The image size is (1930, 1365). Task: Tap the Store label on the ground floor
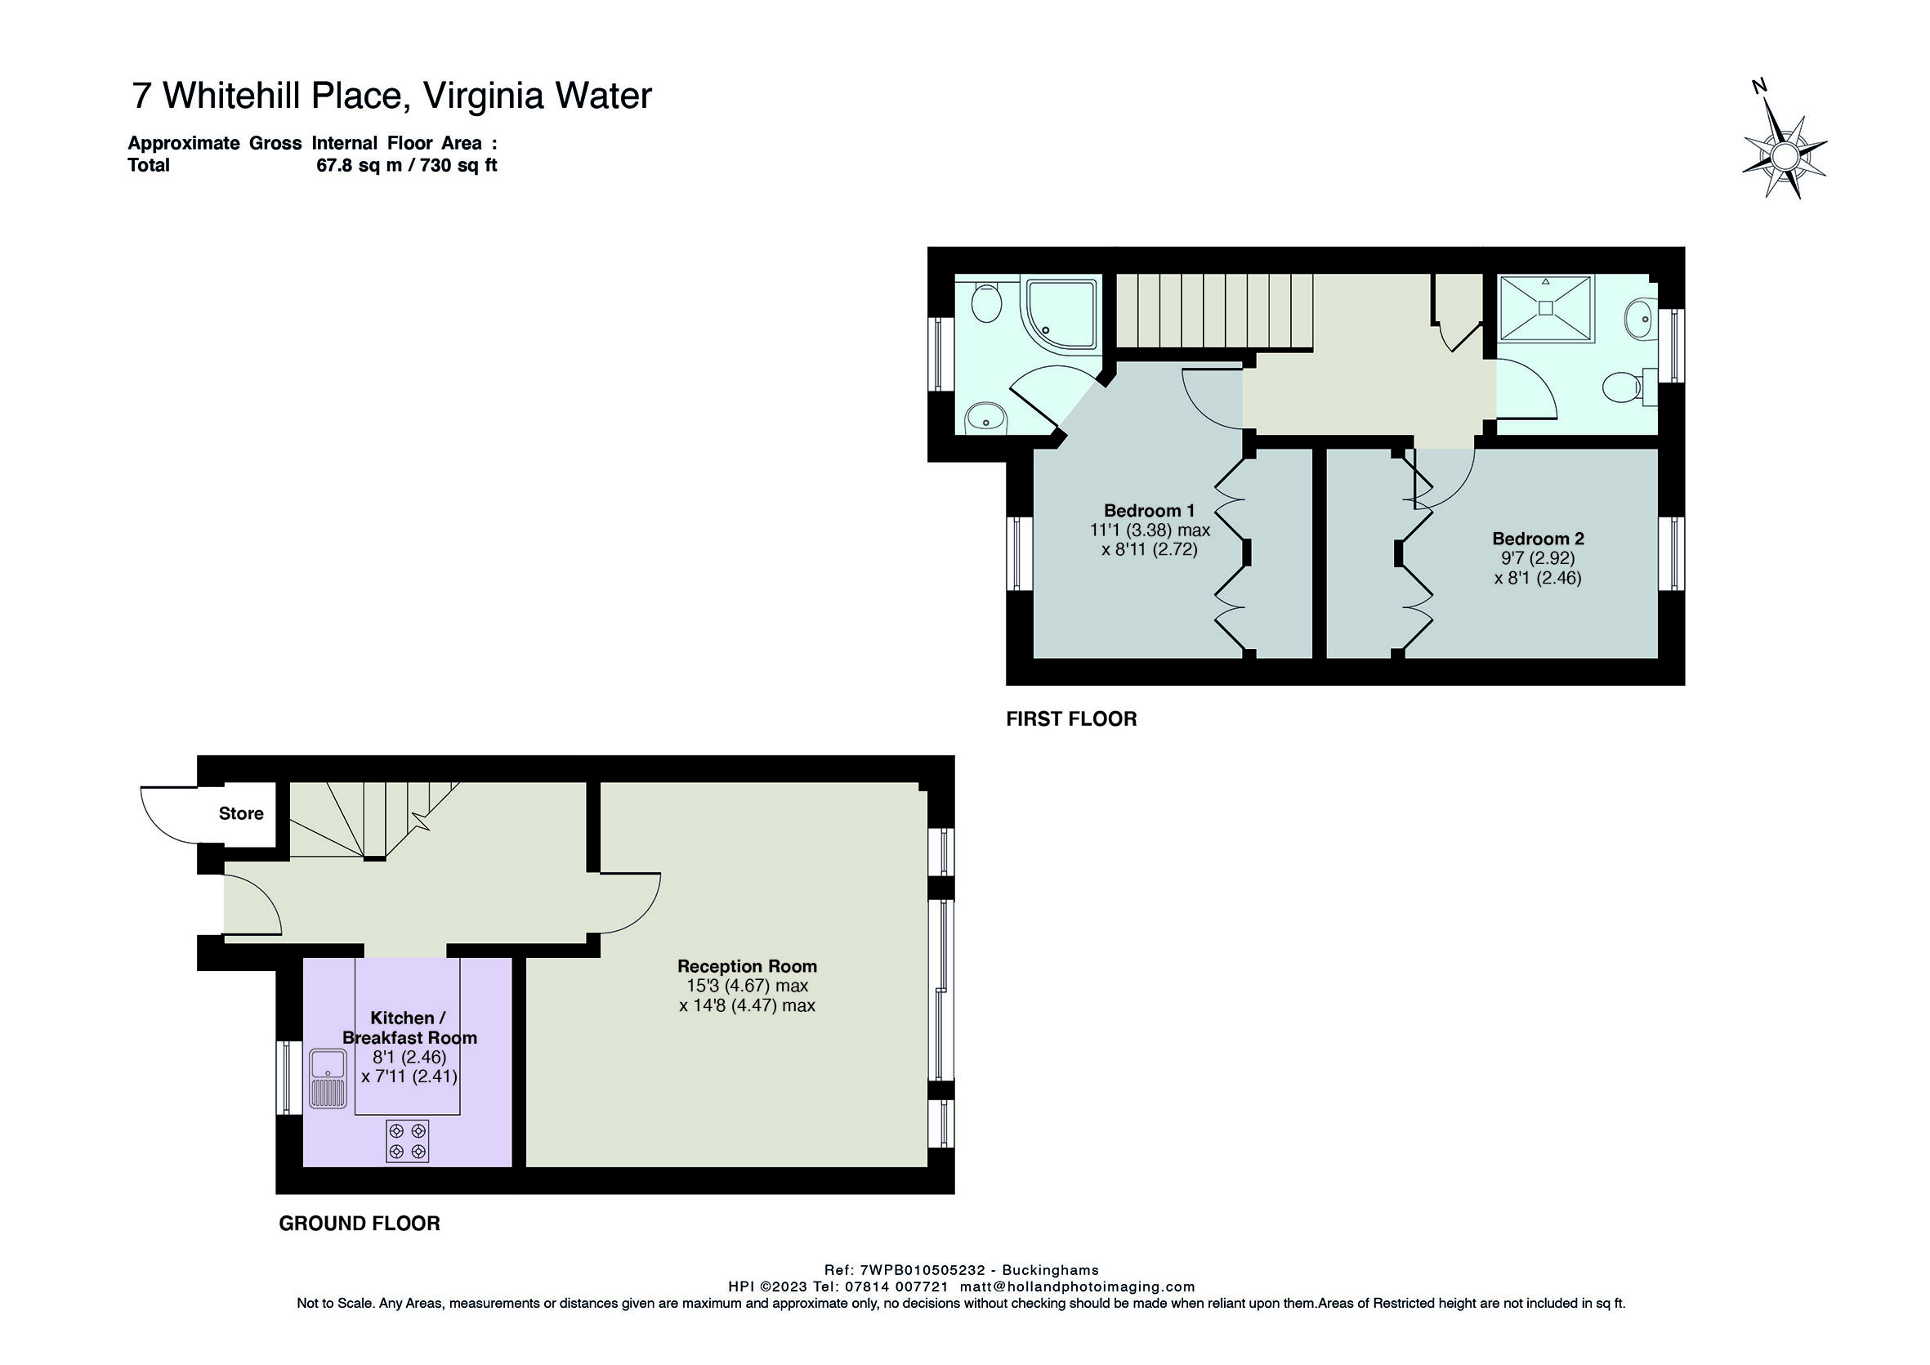pos(241,813)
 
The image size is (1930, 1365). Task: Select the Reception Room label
pos(748,966)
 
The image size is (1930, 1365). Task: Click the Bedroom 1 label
pos(1149,511)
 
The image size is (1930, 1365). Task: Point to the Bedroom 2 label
pos(1538,539)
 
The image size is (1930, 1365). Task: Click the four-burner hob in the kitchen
pos(408,1141)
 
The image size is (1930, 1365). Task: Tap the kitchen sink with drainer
pos(328,1079)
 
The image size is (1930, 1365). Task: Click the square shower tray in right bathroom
pos(1545,309)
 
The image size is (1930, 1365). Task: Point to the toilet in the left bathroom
pos(986,302)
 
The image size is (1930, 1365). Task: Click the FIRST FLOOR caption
pos(1071,719)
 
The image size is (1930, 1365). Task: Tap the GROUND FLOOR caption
pos(359,1224)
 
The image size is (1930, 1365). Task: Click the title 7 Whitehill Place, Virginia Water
pos(391,95)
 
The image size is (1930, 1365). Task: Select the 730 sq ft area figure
pos(459,166)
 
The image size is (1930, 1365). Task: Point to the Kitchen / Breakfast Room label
pos(409,1027)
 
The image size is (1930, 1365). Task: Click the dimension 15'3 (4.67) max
pos(748,986)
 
